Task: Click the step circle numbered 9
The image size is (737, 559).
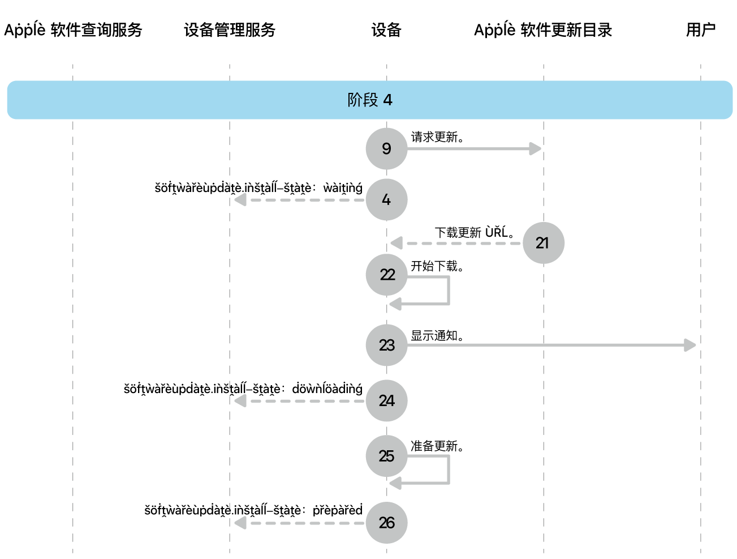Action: pyautogui.click(x=386, y=149)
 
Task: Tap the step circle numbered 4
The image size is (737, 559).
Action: pyautogui.click(x=386, y=200)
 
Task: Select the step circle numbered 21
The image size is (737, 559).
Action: pyautogui.click(x=543, y=243)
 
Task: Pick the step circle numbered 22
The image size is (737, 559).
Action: pyautogui.click(x=387, y=275)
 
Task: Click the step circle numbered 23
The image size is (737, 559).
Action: pyautogui.click(x=387, y=345)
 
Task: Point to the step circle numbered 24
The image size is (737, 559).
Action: pyautogui.click(x=387, y=401)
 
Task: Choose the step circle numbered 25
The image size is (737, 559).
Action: pyautogui.click(x=387, y=456)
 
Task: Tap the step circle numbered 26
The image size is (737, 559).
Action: pyautogui.click(x=387, y=523)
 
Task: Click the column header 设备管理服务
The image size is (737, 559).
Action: pyautogui.click(x=230, y=30)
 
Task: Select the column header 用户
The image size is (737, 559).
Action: pyautogui.click(x=701, y=30)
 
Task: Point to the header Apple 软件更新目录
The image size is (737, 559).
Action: pyautogui.click(x=543, y=30)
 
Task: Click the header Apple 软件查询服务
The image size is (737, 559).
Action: pyautogui.click(x=73, y=30)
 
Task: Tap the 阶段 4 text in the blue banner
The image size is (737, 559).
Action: pyautogui.click(x=370, y=100)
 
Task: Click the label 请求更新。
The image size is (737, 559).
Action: pyautogui.click(x=437, y=137)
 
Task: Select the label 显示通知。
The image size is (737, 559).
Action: pyautogui.click(x=437, y=336)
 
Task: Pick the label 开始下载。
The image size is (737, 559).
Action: pyautogui.click(x=437, y=266)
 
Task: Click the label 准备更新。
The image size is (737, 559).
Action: pyautogui.click(x=437, y=446)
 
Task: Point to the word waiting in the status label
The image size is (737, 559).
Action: pyautogui.click(x=343, y=188)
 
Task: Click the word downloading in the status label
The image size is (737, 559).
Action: pyautogui.click(x=327, y=389)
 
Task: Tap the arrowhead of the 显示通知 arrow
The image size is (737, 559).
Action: pyautogui.click(x=689, y=345)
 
